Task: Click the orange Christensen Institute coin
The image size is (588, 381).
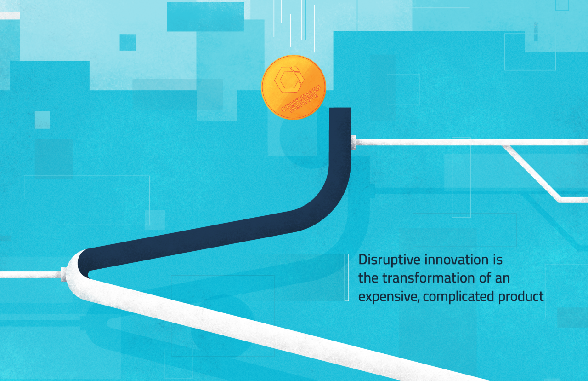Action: [x=294, y=87]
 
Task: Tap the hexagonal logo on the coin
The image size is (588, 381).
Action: [x=289, y=80]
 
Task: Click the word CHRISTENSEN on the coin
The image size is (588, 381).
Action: [x=302, y=98]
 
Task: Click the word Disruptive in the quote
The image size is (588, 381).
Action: [x=390, y=260]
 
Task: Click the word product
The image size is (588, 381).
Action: [x=521, y=297]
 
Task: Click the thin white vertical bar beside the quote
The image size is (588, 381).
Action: [x=346, y=277]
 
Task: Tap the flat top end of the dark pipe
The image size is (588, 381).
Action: [x=339, y=108]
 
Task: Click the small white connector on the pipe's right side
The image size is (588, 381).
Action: [x=354, y=142]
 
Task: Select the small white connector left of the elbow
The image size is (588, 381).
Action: [x=64, y=275]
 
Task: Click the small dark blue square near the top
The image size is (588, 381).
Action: [x=128, y=42]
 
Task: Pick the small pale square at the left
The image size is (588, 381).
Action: [x=42, y=120]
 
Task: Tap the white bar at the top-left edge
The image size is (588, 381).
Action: [x=10, y=16]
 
